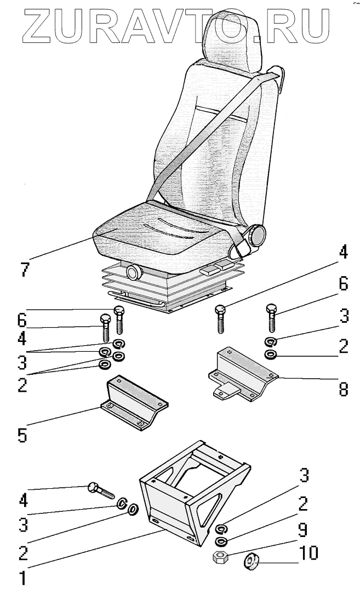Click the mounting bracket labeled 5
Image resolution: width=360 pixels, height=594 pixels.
click(x=134, y=403)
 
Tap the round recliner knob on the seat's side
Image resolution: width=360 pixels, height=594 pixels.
click(x=255, y=236)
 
